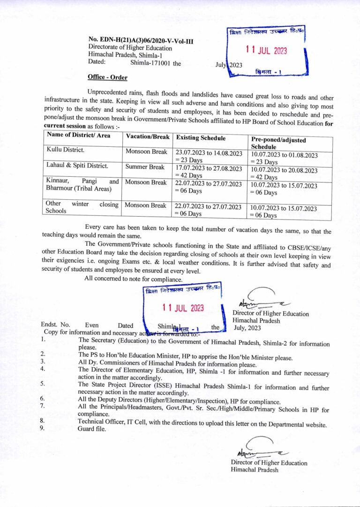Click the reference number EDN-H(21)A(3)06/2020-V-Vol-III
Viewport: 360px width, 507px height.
(141, 41)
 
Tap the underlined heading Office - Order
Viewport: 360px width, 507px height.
(107, 77)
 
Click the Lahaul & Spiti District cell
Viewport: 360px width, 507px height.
(77, 166)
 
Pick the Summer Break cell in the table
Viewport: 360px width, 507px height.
(145, 167)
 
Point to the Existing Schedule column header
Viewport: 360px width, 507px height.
(201, 138)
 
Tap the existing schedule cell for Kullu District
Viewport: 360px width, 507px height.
(209, 156)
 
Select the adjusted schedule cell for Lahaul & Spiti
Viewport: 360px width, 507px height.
(284, 174)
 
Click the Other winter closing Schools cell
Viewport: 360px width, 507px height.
(82, 207)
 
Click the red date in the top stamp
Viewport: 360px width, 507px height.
(266, 51)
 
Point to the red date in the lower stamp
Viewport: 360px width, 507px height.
(183, 308)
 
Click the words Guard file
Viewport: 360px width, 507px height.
(92, 429)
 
